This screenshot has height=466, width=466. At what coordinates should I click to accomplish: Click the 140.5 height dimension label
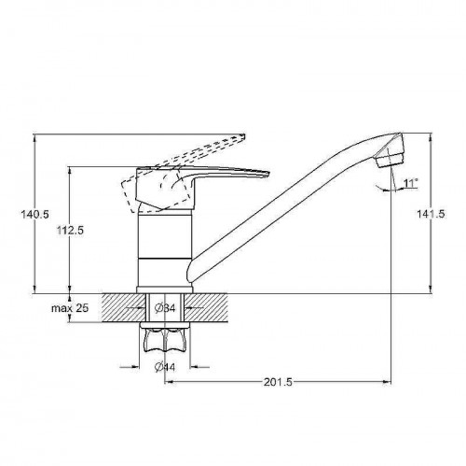pyautogui.click(x=34, y=215)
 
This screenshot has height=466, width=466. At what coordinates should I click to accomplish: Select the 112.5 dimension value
pyautogui.click(x=70, y=231)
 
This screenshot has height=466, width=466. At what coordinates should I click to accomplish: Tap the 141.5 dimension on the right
pyautogui.click(x=431, y=214)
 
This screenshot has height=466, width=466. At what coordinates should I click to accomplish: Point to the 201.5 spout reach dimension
pyautogui.click(x=278, y=382)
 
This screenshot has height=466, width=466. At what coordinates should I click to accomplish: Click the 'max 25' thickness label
pyautogui.click(x=70, y=308)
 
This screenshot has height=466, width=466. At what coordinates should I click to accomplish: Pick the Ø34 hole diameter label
pyautogui.click(x=165, y=308)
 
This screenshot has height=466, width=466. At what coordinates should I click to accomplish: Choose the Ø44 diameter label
pyautogui.click(x=165, y=367)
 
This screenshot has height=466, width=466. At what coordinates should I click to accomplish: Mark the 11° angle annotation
pyautogui.click(x=410, y=183)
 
